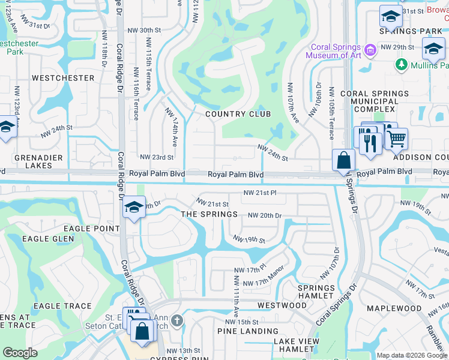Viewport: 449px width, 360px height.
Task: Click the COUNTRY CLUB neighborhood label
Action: click(x=238, y=114)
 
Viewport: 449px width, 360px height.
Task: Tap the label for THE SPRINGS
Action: click(x=209, y=214)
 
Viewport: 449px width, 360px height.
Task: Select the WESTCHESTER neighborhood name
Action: click(x=63, y=78)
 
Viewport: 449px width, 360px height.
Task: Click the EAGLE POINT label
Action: click(x=96, y=229)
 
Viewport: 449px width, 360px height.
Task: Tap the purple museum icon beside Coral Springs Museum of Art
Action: click(x=370, y=49)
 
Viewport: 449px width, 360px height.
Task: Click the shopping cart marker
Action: click(x=396, y=139)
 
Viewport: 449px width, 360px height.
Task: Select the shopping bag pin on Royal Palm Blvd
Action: click(x=343, y=160)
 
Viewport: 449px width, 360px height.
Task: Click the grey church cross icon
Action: click(x=175, y=321)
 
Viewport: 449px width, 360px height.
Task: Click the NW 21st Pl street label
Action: click(x=259, y=193)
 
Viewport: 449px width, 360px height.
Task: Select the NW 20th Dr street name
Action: click(x=264, y=215)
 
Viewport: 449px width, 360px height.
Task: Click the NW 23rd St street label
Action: click(x=156, y=157)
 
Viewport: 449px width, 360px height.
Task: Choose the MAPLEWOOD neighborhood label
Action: click(x=394, y=308)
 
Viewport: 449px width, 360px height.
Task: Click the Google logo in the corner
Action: click(x=20, y=353)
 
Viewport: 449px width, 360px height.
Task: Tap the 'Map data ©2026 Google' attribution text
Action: click(x=411, y=355)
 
